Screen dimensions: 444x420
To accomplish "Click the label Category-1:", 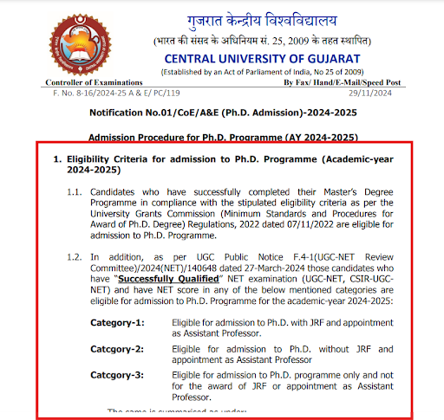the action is [x=118, y=322].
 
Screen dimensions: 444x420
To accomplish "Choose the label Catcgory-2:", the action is [x=118, y=349].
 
